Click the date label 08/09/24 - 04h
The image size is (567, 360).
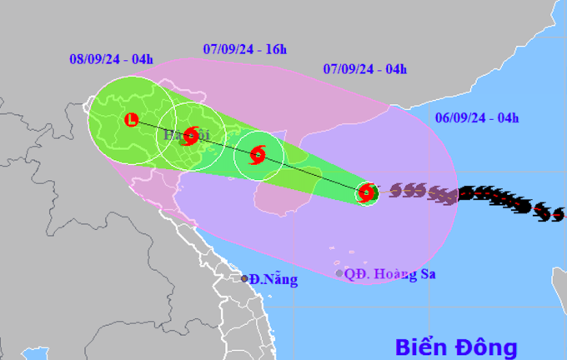coord(112,59)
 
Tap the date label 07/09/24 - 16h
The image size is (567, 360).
coord(244,48)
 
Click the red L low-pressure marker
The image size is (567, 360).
coord(131,120)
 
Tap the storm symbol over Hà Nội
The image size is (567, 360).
coord(191,135)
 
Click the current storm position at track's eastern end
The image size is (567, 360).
coord(366,194)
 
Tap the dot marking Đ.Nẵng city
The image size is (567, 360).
coord(245,278)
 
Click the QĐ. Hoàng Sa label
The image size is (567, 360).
coord(391,273)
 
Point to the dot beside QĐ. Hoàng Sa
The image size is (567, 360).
coord(339,273)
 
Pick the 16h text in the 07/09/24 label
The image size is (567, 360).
coord(274,48)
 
